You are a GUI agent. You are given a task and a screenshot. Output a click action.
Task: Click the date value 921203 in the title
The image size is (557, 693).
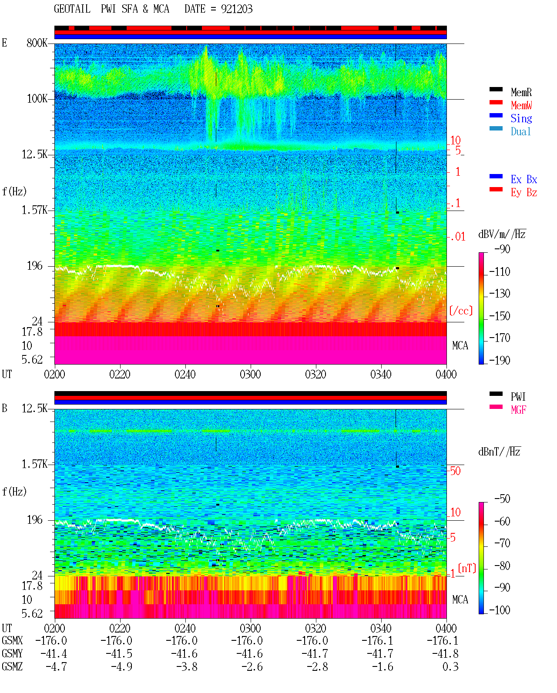[236, 9]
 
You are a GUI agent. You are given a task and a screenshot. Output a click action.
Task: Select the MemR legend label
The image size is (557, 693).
[521, 92]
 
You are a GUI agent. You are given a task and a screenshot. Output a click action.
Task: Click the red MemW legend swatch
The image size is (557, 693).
[496, 102]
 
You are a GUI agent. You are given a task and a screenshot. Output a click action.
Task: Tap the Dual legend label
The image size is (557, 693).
[520, 131]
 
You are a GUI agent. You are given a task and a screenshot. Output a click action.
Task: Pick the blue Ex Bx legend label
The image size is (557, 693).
[523, 179]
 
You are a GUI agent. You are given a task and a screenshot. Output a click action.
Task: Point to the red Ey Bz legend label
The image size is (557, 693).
[523, 193]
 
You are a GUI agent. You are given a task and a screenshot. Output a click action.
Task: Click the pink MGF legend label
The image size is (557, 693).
[518, 410]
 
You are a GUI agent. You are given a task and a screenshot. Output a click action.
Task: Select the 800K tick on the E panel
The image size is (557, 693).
[37, 43]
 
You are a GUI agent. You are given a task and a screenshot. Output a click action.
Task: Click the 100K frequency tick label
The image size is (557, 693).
[37, 99]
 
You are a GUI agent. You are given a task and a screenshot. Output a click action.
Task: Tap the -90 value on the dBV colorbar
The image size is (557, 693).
[502, 249]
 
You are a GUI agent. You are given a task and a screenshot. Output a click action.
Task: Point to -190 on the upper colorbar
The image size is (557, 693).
[500, 360]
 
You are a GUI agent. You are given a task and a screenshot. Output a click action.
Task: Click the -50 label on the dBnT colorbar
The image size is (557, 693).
[502, 499]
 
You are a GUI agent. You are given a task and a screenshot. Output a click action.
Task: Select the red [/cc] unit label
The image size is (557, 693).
[461, 311]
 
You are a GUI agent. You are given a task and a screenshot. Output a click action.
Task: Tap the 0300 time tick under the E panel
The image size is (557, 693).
[250, 374]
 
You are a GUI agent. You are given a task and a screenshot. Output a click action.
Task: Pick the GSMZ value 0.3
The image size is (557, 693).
[450, 666]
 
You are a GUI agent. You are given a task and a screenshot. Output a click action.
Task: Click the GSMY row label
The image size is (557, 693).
[12, 653]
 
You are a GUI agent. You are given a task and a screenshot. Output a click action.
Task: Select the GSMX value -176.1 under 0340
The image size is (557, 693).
[377, 640]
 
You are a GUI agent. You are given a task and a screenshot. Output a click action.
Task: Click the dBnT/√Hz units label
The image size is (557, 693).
[500, 452]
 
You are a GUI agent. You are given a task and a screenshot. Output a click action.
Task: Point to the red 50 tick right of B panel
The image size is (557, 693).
[455, 471]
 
